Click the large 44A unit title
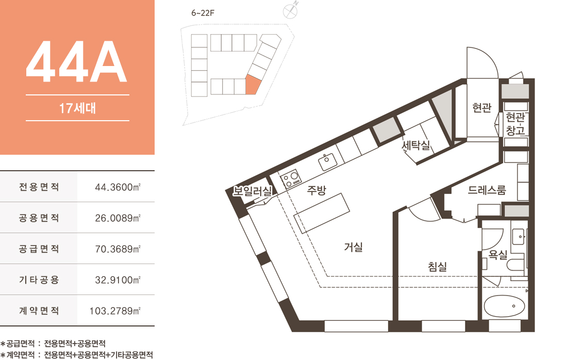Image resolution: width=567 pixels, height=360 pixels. click(77, 62)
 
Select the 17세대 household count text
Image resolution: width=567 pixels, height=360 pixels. click(77, 108)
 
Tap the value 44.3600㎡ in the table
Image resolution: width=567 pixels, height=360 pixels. click(118, 187)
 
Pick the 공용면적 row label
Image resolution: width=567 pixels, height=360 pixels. click(39, 218)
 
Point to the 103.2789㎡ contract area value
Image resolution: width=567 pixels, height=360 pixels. click(115, 311)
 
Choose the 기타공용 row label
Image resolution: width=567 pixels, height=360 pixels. click(39, 280)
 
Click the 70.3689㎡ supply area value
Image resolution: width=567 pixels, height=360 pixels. click(118, 249)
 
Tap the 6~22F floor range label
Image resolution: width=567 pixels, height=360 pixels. click(203, 13)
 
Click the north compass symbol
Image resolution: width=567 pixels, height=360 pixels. click(290, 11)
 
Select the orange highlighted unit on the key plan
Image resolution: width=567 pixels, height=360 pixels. click(253, 85)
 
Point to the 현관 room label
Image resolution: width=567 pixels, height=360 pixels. click(482, 107)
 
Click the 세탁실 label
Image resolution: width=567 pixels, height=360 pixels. click(416, 145)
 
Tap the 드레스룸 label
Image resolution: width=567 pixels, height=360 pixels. click(487, 190)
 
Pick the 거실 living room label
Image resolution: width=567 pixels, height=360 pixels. click(353, 247)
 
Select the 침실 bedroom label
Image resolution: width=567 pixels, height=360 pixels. click(438, 267)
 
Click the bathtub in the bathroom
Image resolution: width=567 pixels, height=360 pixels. click(504, 306)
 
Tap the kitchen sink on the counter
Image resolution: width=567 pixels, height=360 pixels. click(328, 162)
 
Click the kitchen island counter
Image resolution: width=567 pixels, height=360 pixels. click(322, 213)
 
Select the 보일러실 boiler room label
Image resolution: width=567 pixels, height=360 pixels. click(252, 191)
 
